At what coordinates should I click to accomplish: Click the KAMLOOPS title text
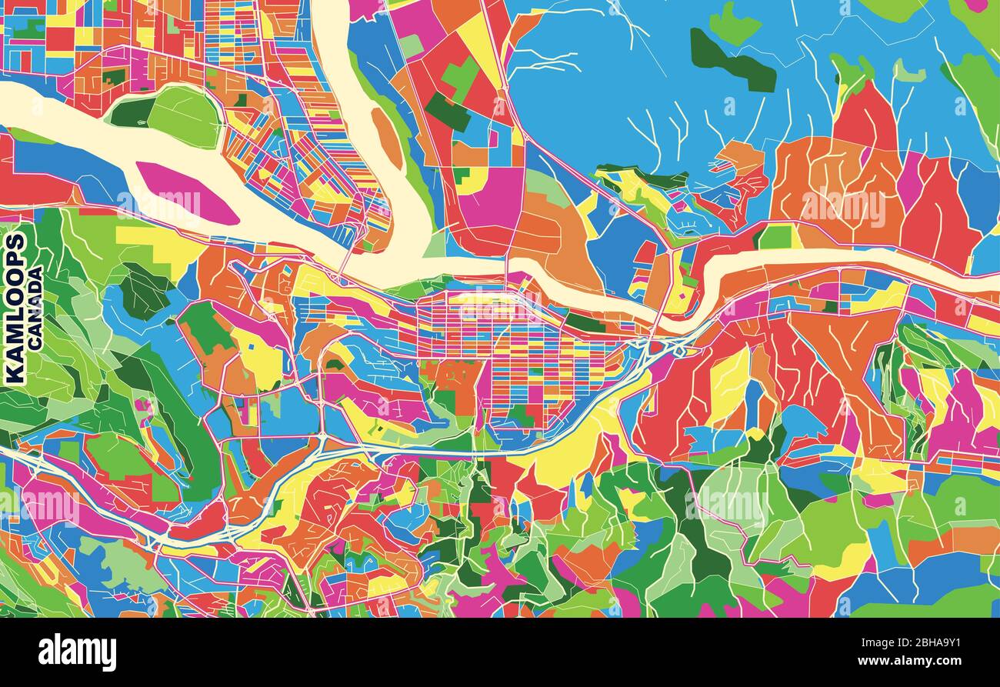(15, 308)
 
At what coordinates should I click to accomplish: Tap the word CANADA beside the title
(35, 308)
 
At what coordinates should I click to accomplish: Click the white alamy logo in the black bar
(77, 652)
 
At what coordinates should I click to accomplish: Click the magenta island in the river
(185, 192)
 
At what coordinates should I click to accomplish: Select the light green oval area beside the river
(185, 115)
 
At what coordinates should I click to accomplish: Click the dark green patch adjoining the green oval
(131, 112)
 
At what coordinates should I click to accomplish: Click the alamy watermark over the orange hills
(843, 205)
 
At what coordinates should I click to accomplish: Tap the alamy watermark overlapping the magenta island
(158, 203)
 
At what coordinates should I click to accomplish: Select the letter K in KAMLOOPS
(15, 373)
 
